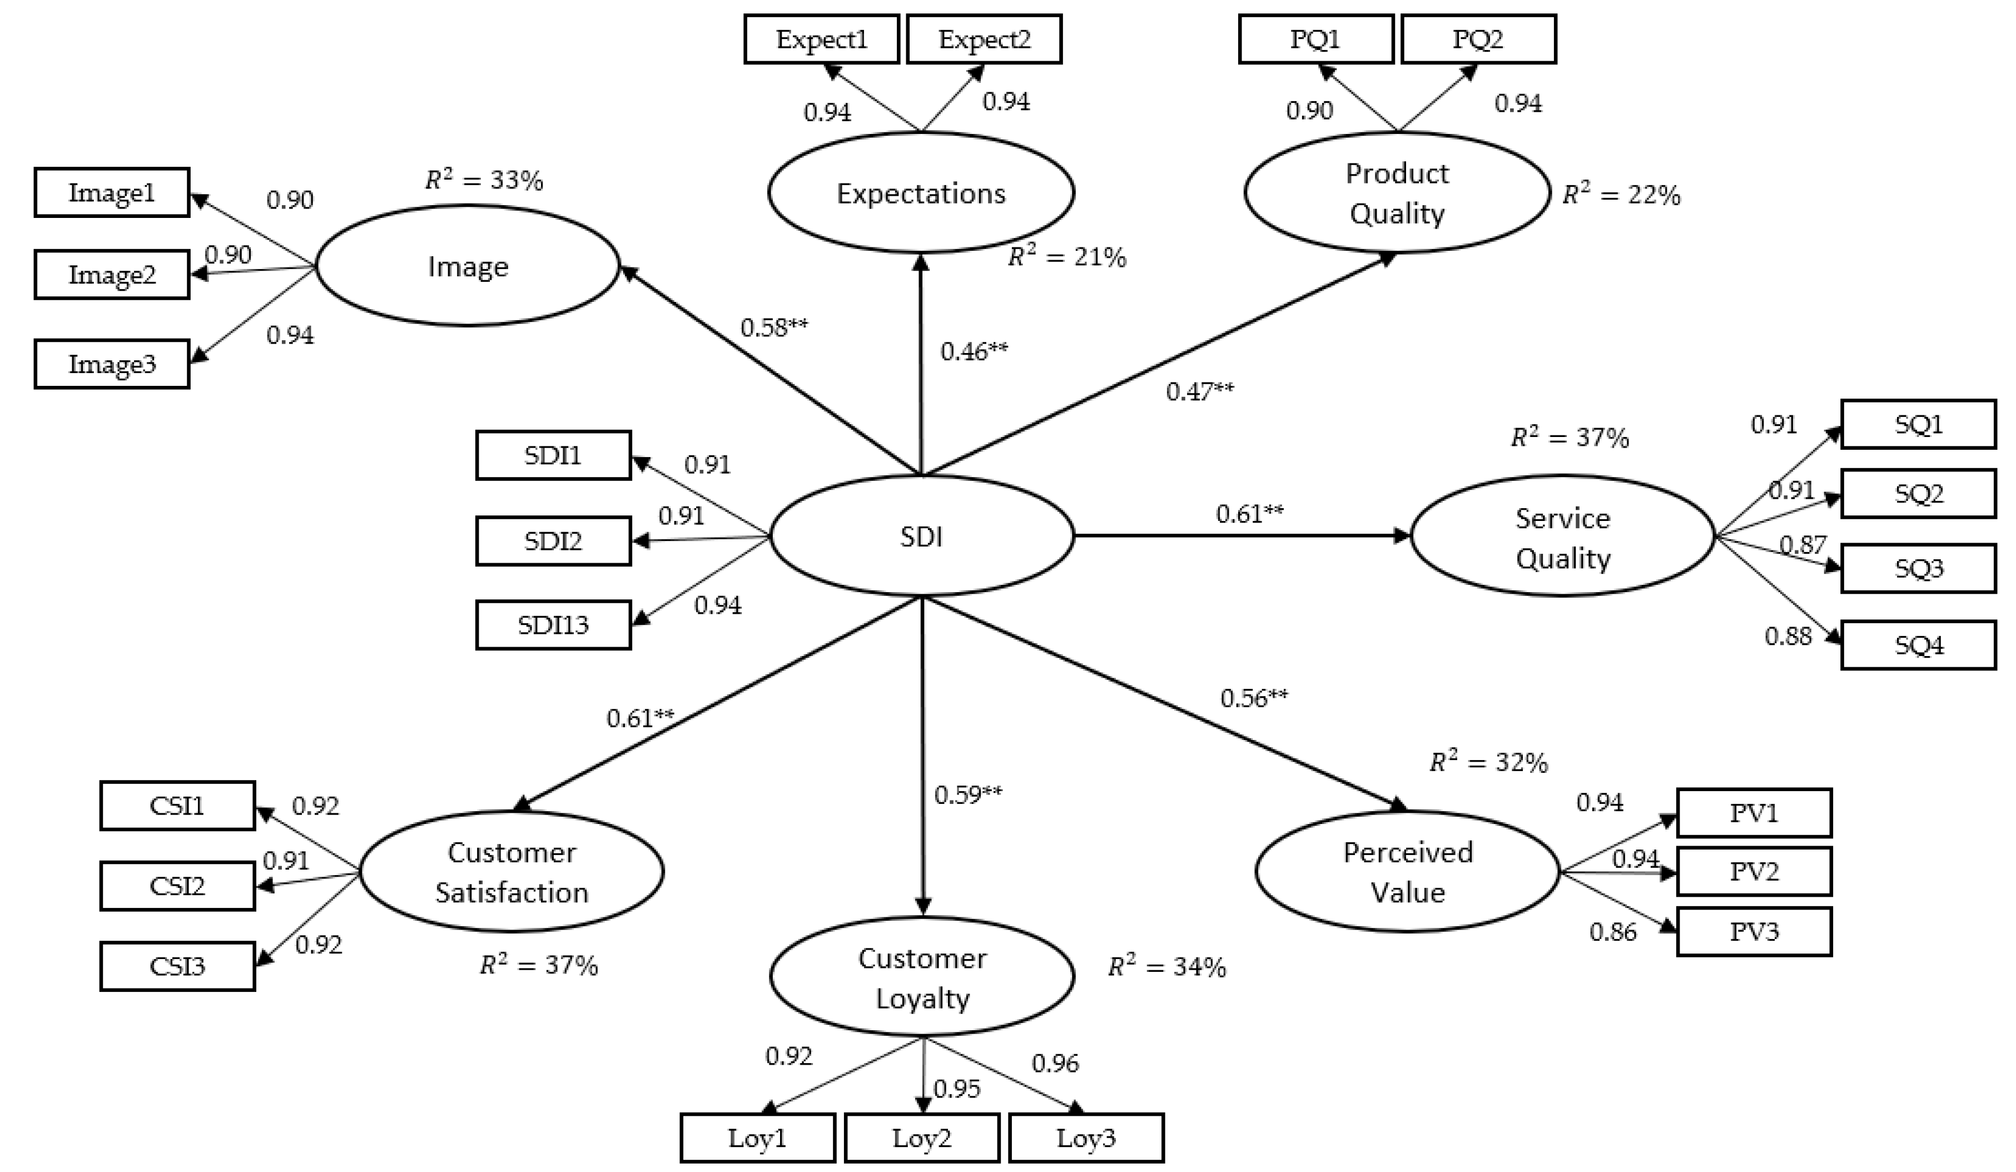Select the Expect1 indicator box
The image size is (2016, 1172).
click(x=822, y=39)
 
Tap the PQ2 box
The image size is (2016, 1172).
click(x=1478, y=39)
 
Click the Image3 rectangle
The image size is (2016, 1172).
click(x=112, y=364)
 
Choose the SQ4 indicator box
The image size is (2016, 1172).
click(x=1918, y=645)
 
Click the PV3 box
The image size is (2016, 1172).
click(x=1754, y=932)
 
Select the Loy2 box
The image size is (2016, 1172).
click(x=922, y=1138)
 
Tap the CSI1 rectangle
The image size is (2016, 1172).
click(x=177, y=806)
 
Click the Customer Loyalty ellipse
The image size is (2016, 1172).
click(x=922, y=977)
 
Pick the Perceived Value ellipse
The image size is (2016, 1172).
click(x=1407, y=872)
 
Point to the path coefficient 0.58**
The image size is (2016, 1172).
click(x=773, y=327)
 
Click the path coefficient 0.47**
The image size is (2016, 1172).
click(x=1199, y=391)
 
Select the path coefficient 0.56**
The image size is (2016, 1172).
click(x=1254, y=698)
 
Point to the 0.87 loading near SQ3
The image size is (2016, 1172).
click(x=1803, y=545)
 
